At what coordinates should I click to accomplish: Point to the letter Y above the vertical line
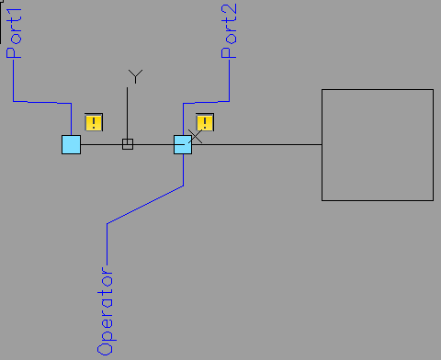tap(135, 76)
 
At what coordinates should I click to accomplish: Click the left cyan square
tap(71, 144)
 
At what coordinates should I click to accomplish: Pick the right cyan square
tap(183, 144)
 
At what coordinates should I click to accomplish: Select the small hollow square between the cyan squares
tap(128, 144)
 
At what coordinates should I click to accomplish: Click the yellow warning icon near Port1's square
tap(93, 121)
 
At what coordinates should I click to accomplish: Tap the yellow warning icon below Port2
tap(205, 122)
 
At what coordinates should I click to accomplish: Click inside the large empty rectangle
tap(377, 144)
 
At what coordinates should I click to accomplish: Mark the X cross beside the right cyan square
tap(195, 137)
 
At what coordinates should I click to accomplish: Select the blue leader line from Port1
tap(41, 101)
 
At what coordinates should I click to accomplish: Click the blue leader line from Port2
tap(207, 101)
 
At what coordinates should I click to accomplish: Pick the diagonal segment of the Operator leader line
tap(145, 204)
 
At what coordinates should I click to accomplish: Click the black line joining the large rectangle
tap(257, 144)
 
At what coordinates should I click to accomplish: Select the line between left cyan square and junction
tap(101, 144)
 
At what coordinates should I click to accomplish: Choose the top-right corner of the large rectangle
tap(432, 90)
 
